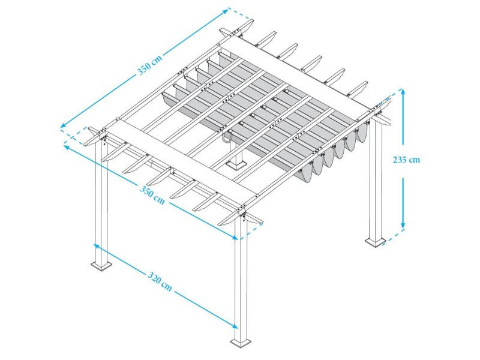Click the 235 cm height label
(x=406, y=160)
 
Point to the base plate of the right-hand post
(x=376, y=242)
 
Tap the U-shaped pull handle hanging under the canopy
(x=227, y=139)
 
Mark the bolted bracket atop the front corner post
(x=242, y=214)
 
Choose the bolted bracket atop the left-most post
(x=103, y=137)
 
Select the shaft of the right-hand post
(x=377, y=180)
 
